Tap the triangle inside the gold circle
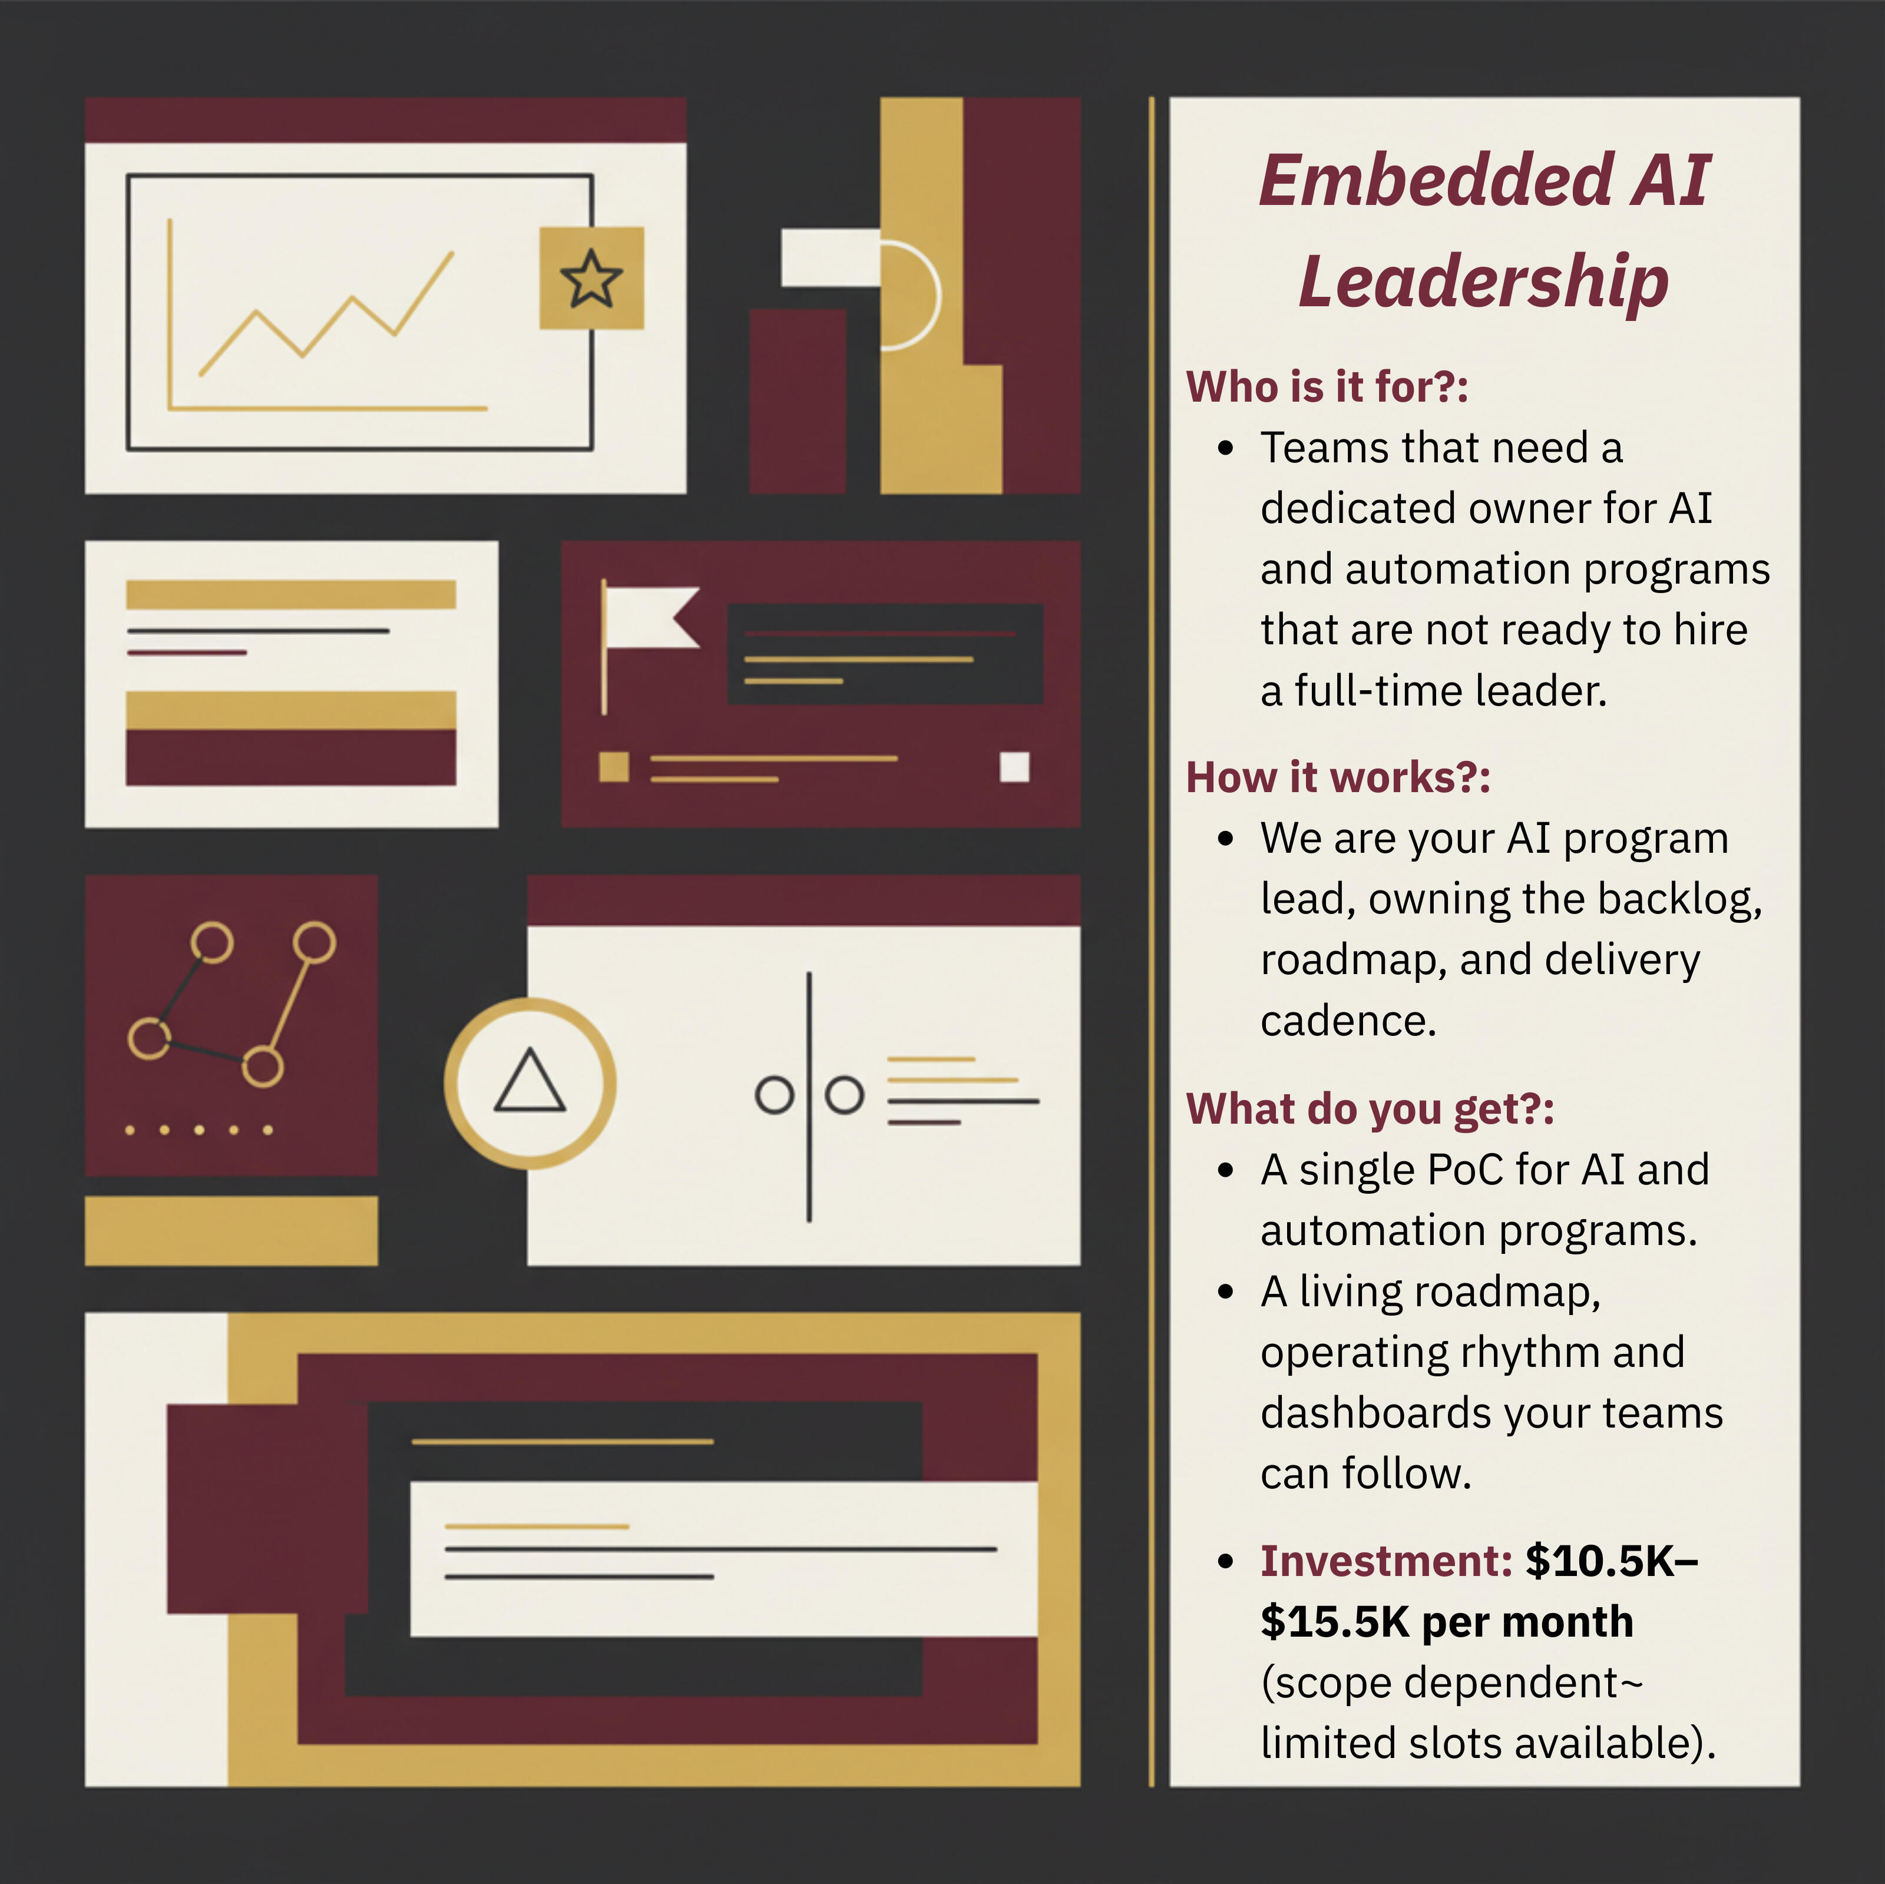[530, 1082]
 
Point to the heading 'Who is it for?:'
[1327, 386]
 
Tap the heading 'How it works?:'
[1338, 777]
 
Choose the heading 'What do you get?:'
[1370, 1110]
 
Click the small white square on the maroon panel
[1015, 767]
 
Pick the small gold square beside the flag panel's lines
[614, 767]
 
